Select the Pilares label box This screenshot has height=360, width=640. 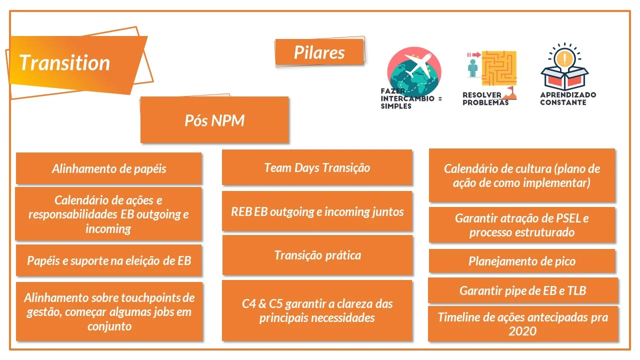319,52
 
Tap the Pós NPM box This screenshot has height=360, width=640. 214,120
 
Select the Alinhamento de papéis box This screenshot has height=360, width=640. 109,168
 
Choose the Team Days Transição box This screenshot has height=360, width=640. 317,167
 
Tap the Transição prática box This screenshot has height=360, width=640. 317,255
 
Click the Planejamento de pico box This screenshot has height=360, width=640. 522,261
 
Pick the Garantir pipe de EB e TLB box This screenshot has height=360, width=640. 523,290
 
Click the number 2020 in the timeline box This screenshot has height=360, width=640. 522,331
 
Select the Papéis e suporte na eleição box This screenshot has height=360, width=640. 109,260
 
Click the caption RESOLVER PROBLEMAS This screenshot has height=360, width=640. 485,98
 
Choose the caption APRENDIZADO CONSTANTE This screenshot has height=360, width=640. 568,98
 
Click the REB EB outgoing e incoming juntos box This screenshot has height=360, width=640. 317,211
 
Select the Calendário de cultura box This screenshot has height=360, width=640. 522,175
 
